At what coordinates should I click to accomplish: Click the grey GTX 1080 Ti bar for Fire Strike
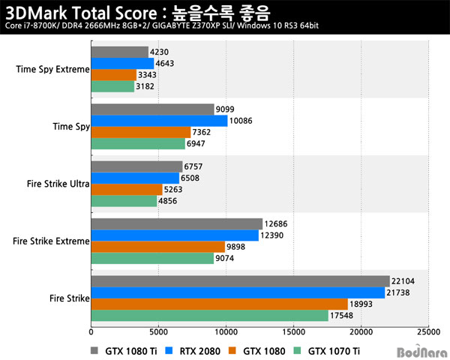click(240, 280)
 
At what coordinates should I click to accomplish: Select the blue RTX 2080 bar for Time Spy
click(158, 121)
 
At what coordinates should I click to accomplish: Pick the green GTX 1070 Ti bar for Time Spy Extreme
click(112, 86)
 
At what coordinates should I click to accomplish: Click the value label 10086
click(241, 121)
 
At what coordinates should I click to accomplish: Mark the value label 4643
click(167, 64)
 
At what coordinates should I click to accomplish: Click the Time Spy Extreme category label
click(52, 70)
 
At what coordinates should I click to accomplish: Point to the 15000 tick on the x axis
click(293, 331)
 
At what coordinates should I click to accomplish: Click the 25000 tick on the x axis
click(428, 331)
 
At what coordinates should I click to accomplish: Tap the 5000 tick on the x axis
click(158, 331)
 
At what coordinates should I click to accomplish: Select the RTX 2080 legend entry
click(193, 350)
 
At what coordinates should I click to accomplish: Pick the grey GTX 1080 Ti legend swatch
click(95, 350)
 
